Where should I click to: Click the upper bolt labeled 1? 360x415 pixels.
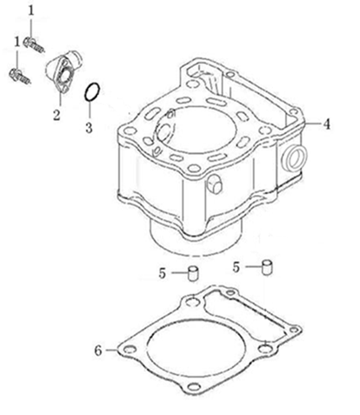coord(34,45)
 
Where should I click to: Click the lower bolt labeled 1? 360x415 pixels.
coord(20,76)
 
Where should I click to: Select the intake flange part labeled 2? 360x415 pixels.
coord(62,72)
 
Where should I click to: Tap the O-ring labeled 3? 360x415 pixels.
coord(92,92)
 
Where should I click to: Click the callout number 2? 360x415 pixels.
coord(57,115)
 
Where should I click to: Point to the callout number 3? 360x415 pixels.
coord(89,128)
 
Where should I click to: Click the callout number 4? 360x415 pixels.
coord(326,124)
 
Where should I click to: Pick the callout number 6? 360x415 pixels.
coord(98,351)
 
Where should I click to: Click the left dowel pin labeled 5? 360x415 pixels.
coord(193,273)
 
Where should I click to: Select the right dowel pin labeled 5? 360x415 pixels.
coord(268,267)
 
